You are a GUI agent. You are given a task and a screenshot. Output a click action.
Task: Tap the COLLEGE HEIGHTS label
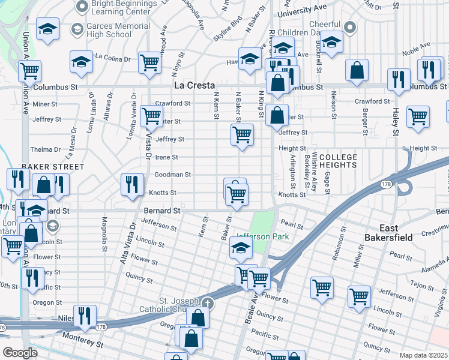[338, 161]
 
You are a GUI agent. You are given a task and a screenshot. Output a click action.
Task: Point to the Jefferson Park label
[263, 236]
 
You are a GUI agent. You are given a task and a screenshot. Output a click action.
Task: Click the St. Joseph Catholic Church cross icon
[208, 302]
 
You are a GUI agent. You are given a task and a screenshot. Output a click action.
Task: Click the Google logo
[20, 353]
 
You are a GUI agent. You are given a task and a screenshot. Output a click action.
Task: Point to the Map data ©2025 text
[423, 355]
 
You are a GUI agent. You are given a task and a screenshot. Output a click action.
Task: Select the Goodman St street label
[172, 175]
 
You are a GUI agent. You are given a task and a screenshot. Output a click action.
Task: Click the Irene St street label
[166, 157]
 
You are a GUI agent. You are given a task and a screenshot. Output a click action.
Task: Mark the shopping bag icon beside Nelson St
[357, 70]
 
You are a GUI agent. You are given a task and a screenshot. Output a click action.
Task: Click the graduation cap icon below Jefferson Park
[241, 247]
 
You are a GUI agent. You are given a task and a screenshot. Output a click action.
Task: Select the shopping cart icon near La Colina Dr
[149, 61]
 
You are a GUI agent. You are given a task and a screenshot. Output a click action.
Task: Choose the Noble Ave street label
[417, 46]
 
